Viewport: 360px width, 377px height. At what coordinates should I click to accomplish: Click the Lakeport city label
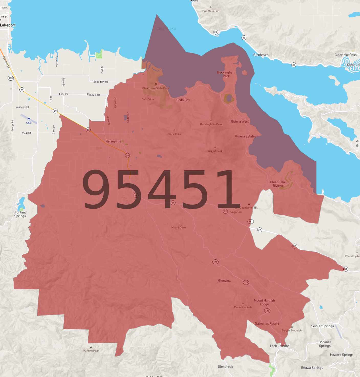click(8, 25)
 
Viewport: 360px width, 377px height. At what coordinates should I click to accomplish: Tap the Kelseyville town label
click(113, 141)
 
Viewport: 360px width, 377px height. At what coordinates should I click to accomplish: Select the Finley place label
click(63, 94)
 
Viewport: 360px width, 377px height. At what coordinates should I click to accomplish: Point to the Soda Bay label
click(183, 100)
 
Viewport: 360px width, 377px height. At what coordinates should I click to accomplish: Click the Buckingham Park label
click(226, 74)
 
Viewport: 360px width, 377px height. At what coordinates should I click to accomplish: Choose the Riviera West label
click(240, 121)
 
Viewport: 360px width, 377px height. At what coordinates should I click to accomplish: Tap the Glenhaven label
click(261, 55)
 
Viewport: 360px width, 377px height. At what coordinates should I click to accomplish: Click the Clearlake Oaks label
click(345, 55)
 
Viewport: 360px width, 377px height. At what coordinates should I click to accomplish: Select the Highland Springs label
click(20, 214)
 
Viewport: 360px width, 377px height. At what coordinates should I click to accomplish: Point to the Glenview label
click(225, 281)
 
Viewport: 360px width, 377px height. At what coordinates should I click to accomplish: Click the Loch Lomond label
click(280, 346)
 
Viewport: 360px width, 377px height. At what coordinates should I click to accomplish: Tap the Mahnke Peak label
click(91, 351)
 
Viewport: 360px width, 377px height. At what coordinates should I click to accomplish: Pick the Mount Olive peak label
click(179, 227)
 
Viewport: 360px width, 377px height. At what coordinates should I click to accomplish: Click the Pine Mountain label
click(210, 11)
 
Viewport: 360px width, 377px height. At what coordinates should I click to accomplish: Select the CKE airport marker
click(29, 119)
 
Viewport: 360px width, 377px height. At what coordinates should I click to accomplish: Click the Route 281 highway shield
click(250, 222)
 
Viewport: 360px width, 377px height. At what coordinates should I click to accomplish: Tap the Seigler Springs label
click(322, 326)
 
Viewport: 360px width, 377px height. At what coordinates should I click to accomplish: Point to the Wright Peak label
click(215, 151)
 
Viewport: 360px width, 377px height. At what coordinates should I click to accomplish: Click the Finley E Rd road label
click(94, 95)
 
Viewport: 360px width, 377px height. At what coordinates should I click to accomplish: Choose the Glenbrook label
click(225, 367)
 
